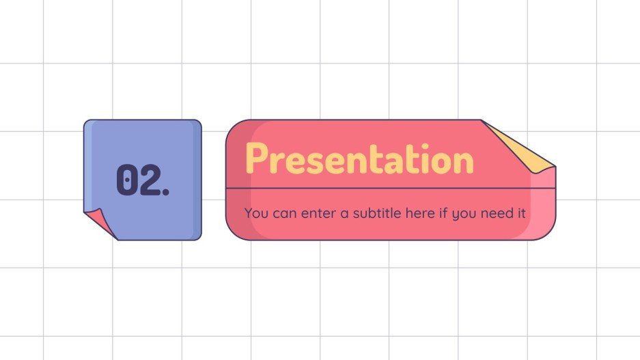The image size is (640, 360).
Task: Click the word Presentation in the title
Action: click(x=359, y=160)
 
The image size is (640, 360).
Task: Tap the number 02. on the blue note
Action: click(x=143, y=180)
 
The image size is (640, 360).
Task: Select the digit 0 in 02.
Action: click(x=126, y=180)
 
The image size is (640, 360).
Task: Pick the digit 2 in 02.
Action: click(x=149, y=180)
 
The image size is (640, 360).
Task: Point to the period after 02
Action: click(x=165, y=192)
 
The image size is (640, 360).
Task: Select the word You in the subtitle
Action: click(x=256, y=213)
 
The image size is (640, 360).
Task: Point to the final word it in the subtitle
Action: click(x=521, y=213)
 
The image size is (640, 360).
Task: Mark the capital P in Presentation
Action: click(x=257, y=160)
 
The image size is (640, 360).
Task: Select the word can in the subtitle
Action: click(x=285, y=214)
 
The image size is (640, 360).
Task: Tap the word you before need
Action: click(x=464, y=214)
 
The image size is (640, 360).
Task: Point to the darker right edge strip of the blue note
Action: click(x=197, y=179)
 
